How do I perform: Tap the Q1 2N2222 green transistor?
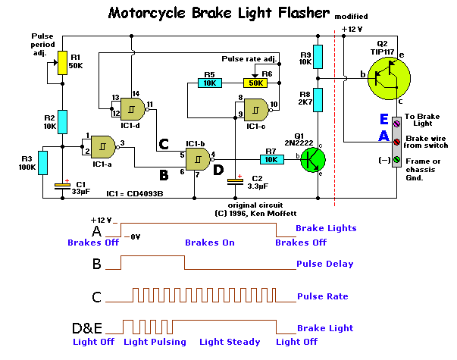point(311,159)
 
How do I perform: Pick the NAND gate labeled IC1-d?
point(133,108)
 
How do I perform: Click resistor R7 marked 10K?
point(270,159)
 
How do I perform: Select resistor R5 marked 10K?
point(210,83)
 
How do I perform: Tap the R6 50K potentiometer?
point(256,83)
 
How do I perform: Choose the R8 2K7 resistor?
point(319,99)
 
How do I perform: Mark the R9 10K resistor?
point(319,55)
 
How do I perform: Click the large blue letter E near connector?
point(384,119)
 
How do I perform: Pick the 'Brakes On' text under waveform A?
point(210,243)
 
